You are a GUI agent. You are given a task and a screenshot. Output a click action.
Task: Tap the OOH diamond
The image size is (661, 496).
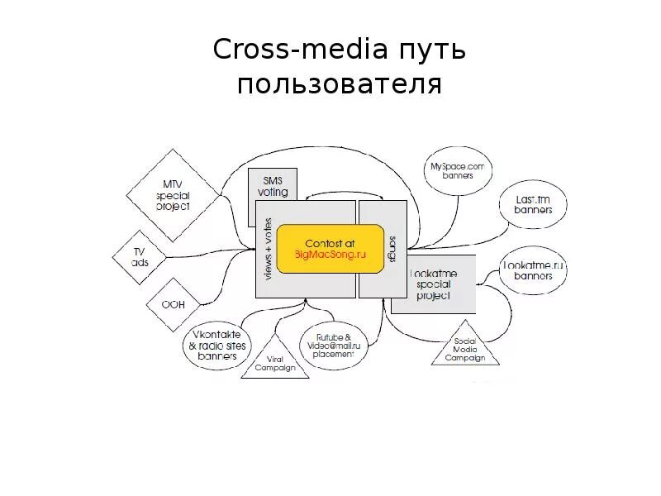click(x=173, y=304)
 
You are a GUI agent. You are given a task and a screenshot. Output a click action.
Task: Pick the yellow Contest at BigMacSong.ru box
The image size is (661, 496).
click(x=330, y=249)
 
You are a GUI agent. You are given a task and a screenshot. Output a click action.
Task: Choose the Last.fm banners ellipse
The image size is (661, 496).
click(x=533, y=205)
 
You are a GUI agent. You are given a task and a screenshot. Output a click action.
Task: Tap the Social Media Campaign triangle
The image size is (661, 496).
click(x=466, y=350)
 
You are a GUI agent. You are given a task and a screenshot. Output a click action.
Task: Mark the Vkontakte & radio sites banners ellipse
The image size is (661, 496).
click(x=217, y=345)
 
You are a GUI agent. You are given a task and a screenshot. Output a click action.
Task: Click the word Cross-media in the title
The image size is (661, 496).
click(x=300, y=50)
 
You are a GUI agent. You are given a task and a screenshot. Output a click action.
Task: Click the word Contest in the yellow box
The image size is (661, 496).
click(x=319, y=243)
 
